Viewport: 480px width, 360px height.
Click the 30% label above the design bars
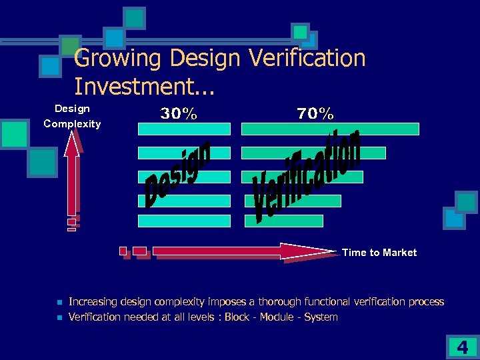pos(179,114)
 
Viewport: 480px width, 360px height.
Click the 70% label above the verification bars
pos(315,114)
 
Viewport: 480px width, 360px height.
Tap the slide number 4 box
pos(462,347)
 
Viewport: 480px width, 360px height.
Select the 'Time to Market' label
pos(379,253)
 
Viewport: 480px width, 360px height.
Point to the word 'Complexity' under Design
pos(72,123)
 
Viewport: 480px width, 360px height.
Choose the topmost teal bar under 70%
pos(330,129)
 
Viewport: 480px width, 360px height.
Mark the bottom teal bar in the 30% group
pos(184,221)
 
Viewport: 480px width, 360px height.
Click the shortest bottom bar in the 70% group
pos(283,221)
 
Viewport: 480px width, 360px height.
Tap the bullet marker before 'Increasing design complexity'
pos(59,302)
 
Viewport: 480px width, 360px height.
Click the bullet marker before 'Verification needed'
pos(59,317)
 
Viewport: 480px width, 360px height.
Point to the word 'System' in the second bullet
pos(321,317)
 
